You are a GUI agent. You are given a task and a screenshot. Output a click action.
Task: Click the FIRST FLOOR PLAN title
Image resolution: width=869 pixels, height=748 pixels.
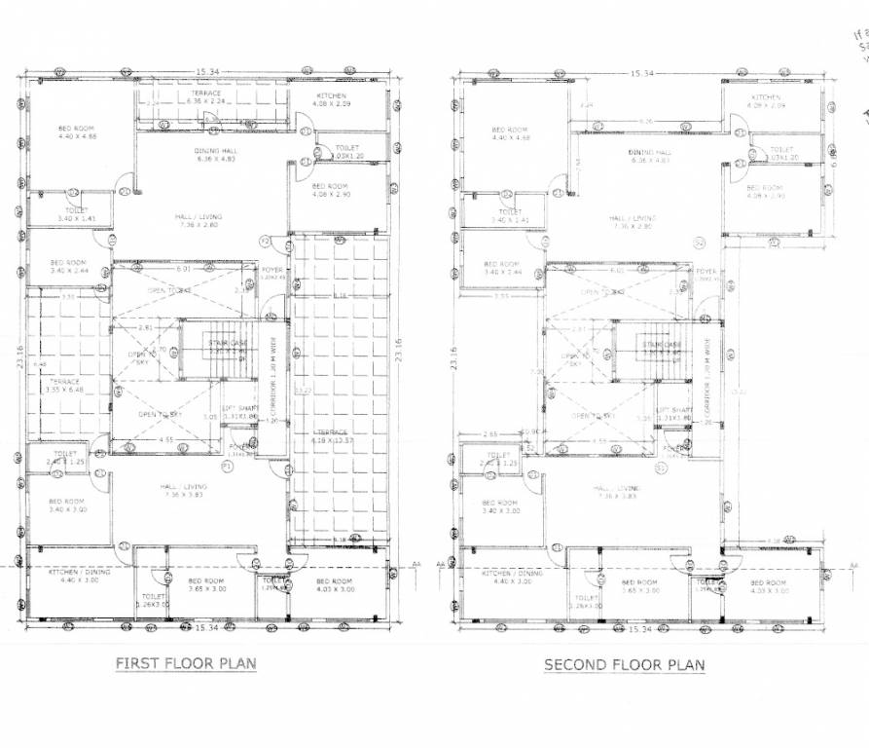point(186,664)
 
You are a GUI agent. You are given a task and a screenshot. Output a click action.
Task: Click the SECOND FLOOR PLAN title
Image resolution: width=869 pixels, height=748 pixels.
point(624,665)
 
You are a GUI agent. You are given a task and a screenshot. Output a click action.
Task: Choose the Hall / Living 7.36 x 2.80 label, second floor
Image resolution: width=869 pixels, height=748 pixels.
point(633,223)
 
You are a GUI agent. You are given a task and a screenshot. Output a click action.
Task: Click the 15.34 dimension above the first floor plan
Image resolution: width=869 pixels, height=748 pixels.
point(206,73)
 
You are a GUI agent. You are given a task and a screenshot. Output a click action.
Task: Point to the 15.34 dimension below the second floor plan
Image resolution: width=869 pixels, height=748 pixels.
point(639,630)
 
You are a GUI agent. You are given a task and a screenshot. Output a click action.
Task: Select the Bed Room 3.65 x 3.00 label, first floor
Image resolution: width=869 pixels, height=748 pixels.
point(205,586)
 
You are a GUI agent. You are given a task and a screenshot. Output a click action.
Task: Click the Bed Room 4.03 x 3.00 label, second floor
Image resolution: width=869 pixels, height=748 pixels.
point(768,586)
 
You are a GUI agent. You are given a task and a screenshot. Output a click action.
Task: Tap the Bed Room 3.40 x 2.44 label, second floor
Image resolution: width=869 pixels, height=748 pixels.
point(503,268)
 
